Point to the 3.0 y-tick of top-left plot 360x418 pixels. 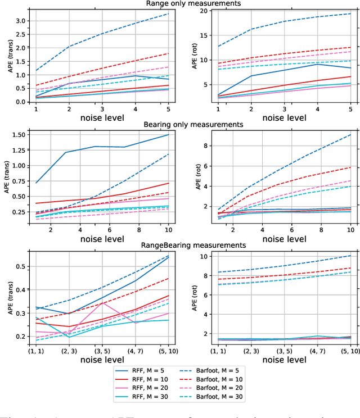tap(21, 21)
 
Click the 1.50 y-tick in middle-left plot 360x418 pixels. tap(19, 135)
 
